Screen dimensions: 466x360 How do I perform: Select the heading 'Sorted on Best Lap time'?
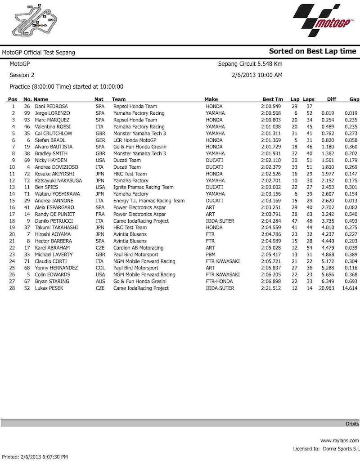pyautogui.click(x=312, y=51)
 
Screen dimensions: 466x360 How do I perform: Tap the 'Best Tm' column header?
pyautogui.click(x=273, y=99)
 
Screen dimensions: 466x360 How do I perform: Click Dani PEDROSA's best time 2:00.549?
pyautogui.click(x=272, y=106)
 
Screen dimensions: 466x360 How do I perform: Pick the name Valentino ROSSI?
pyautogui.click(x=54, y=127)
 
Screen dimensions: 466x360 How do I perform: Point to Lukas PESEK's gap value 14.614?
pyautogui.click(x=350, y=288)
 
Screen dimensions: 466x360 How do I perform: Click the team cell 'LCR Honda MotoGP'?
pyautogui.click(x=135, y=140)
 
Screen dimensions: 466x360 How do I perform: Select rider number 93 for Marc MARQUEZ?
pyautogui.click(x=27, y=120)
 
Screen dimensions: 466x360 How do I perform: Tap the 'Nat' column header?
pyautogui.click(x=99, y=99)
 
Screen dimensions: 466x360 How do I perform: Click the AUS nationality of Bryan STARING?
pyautogui.click(x=99, y=281)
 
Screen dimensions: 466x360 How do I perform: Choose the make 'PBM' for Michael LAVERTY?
pyautogui.click(x=211, y=254)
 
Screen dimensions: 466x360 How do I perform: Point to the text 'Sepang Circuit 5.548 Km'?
pyautogui.click(x=250, y=64)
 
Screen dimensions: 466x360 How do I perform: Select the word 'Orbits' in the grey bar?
pyautogui.click(x=352, y=424)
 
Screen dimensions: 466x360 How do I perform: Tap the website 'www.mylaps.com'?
pyautogui.click(x=339, y=441)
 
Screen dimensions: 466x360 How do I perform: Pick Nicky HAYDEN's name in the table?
pyautogui.click(x=51, y=161)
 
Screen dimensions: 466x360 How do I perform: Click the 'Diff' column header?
pyautogui.click(x=332, y=99)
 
